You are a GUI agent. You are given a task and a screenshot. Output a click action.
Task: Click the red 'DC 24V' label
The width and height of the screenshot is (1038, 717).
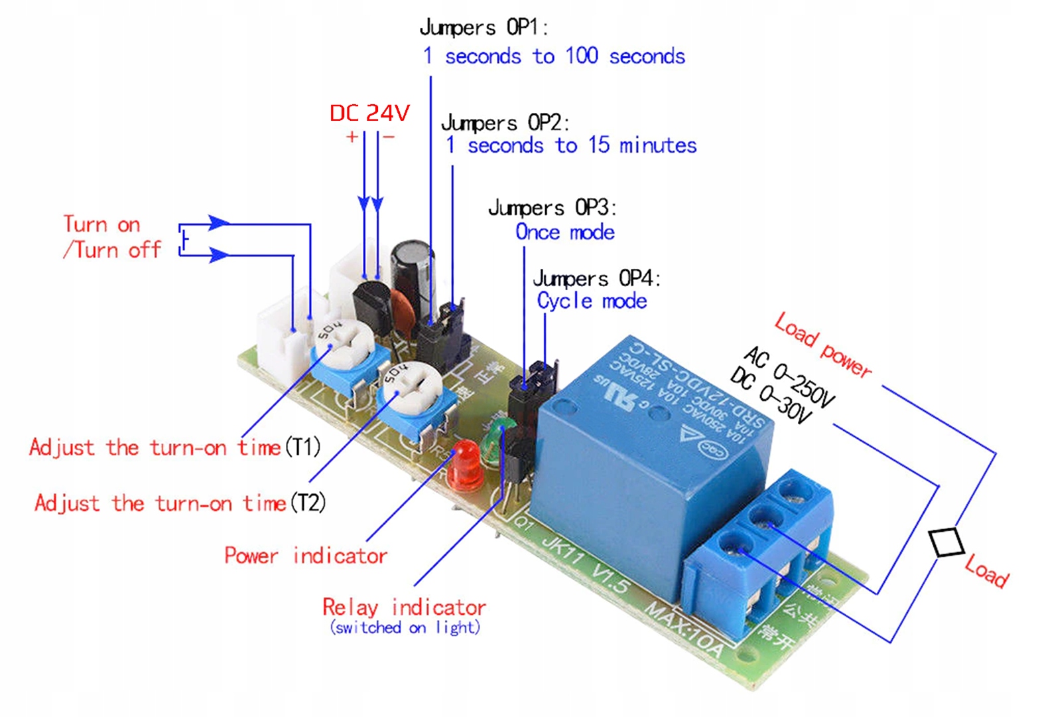click(369, 113)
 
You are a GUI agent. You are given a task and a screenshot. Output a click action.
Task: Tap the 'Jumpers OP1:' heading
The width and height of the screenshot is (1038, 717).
click(484, 28)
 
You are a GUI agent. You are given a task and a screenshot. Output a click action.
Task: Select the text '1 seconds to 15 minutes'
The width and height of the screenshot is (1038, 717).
click(570, 145)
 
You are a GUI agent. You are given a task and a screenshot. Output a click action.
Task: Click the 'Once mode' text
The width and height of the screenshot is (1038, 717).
click(564, 232)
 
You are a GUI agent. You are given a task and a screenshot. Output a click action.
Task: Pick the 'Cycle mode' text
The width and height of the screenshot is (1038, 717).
click(592, 301)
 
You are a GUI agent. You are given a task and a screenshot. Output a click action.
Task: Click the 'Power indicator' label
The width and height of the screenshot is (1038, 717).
click(306, 555)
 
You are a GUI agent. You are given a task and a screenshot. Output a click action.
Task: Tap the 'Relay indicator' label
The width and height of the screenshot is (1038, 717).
click(404, 607)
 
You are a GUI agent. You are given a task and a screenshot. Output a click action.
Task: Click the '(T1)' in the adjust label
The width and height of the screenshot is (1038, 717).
click(303, 447)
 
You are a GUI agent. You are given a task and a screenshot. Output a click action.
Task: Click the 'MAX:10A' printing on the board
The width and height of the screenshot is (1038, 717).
click(684, 628)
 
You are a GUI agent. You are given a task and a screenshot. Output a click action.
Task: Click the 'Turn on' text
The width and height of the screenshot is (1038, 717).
click(102, 224)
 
